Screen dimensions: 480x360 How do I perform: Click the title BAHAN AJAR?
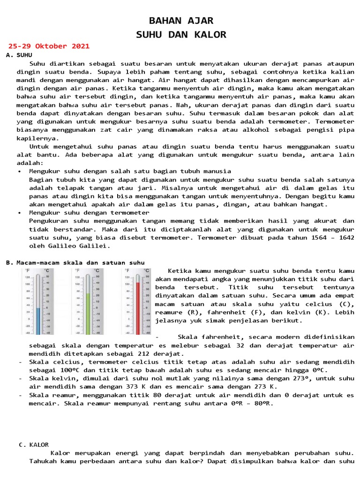coord(181,21)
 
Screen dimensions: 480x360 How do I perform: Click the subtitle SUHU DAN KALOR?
coord(181,35)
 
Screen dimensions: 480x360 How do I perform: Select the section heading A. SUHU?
coord(19,55)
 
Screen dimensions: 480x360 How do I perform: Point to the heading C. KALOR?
coord(34,444)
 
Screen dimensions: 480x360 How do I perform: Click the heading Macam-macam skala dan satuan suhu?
coord(80,262)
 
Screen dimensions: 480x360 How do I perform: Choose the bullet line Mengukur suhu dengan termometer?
coord(89,212)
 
